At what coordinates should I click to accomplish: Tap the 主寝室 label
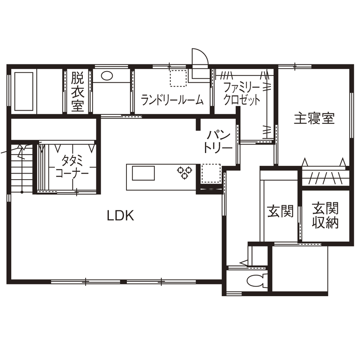(314, 119)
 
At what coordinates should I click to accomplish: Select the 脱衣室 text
(77, 92)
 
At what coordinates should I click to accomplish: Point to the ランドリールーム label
(172, 101)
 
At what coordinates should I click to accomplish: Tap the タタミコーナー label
(72, 167)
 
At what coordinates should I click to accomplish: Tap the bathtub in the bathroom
(24, 91)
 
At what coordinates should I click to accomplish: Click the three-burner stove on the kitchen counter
(184, 172)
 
